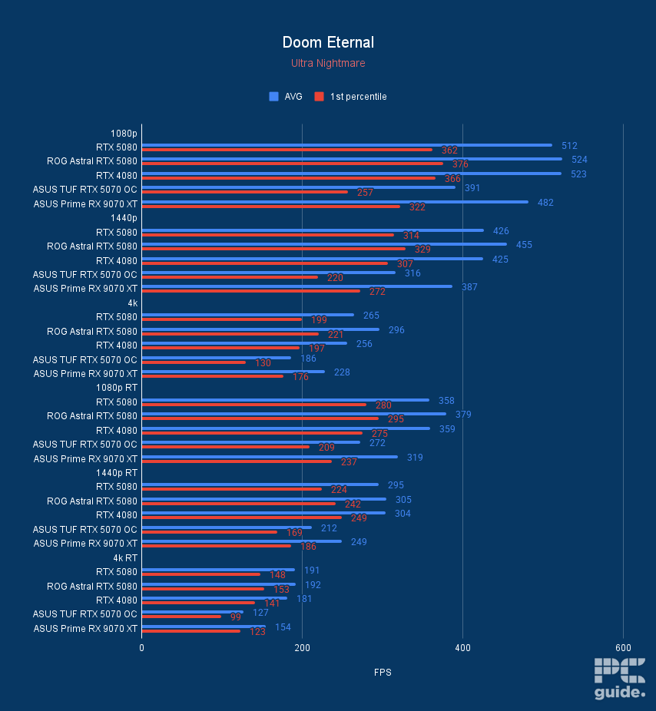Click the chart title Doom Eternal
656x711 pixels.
click(x=328, y=42)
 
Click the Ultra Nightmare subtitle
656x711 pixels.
click(x=328, y=63)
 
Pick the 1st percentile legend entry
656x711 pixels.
click(x=351, y=97)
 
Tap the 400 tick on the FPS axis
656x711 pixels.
click(x=462, y=647)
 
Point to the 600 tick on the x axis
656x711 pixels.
click(x=623, y=647)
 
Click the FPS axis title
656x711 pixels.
click(x=383, y=673)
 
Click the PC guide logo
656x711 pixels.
click(x=619, y=679)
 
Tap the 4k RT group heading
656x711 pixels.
click(x=125, y=557)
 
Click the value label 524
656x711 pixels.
click(x=579, y=160)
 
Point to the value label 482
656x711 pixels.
click(x=545, y=203)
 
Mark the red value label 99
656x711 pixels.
click(x=236, y=617)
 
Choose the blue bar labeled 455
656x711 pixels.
click(x=324, y=244)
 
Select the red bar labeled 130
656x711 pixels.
click(x=194, y=362)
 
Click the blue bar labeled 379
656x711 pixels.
click(x=293, y=414)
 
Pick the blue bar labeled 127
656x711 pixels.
click(x=193, y=612)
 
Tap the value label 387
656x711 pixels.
click(x=469, y=287)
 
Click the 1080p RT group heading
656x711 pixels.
click(x=120, y=388)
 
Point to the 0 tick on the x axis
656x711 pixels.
click(x=142, y=647)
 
